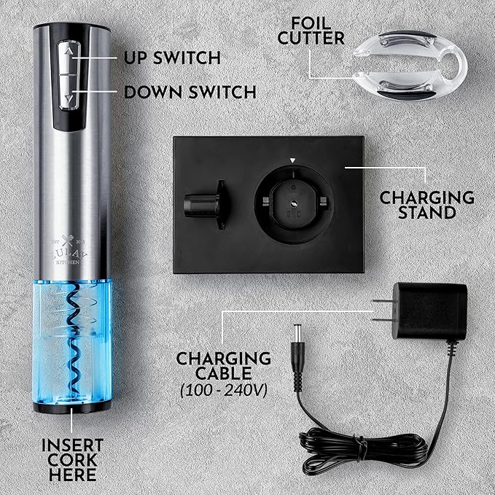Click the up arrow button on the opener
pyautogui.click(x=68, y=53)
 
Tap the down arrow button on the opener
pyautogui.click(x=68, y=95)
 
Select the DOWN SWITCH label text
pyautogui.click(x=190, y=92)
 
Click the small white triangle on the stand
pyautogui.click(x=292, y=159)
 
